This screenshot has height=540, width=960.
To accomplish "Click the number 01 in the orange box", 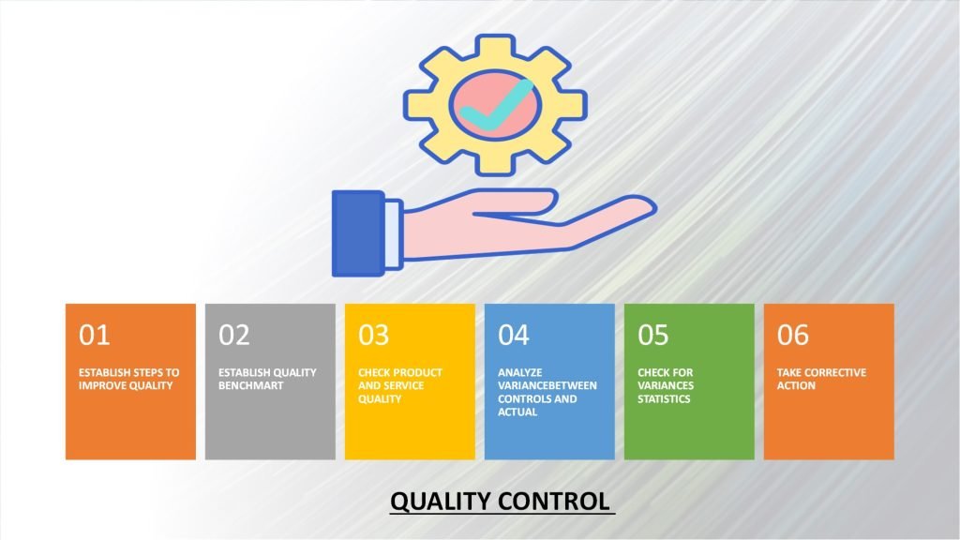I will (x=94, y=336).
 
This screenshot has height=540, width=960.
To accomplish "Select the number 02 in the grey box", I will (x=234, y=336).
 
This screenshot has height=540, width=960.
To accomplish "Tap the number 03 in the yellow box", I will (x=373, y=336).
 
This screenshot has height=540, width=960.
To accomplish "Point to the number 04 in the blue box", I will (x=514, y=336).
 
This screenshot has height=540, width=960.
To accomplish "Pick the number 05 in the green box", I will (x=653, y=336).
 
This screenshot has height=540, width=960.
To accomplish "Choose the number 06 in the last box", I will (x=793, y=336).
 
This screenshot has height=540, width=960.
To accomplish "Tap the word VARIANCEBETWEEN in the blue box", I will (x=547, y=385).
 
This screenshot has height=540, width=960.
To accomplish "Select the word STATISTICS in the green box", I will (x=664, y=398).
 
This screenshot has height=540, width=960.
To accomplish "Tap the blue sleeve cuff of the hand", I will (x=358, y=234).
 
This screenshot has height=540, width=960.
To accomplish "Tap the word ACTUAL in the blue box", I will (x=518, y=412).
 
